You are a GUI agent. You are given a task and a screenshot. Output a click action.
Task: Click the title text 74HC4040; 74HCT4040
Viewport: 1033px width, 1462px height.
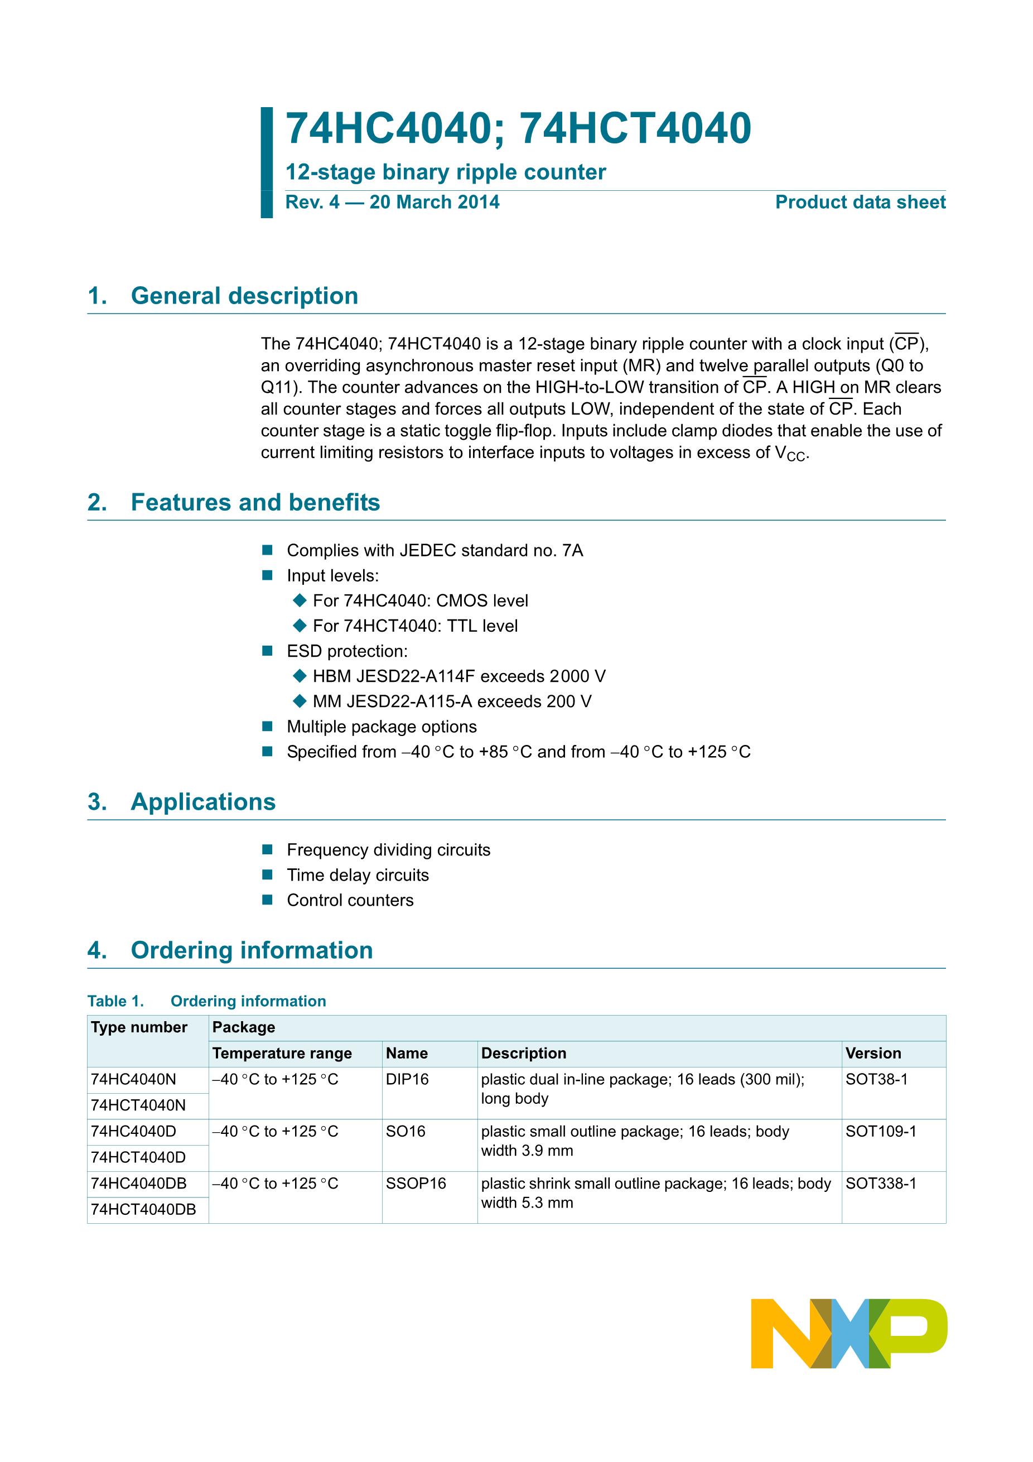pos(518,129)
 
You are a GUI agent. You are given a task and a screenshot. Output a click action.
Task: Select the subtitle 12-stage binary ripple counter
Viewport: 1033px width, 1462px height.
pos(446,172)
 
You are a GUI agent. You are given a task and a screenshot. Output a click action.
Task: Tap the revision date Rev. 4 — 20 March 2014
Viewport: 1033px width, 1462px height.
pos(392,203)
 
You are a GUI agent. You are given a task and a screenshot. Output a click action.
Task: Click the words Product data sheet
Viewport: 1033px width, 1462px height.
pos(860,203)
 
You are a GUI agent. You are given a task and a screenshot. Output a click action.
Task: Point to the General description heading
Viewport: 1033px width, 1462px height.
pos(244,296)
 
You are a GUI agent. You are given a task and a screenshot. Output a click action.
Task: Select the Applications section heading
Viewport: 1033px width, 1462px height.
pos(202,802)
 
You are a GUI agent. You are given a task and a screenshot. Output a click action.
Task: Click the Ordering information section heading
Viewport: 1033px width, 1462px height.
pos(252,950)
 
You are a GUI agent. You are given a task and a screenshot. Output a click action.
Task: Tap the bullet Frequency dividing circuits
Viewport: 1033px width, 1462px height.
pos(388,850)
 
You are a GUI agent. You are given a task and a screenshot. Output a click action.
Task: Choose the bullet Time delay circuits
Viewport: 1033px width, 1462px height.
pos(358,875)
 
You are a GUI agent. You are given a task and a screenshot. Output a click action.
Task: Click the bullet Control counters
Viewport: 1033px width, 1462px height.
pos(350,901)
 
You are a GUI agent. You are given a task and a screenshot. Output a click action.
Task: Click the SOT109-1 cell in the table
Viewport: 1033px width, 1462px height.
pos(881,1132)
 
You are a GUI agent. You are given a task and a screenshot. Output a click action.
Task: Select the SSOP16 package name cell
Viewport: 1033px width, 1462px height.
pos(416,1184)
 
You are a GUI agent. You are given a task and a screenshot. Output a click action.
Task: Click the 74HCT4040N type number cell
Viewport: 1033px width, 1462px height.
pos(138,1105)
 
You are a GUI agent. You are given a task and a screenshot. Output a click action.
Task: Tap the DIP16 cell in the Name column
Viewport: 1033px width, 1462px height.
pos(407,1079)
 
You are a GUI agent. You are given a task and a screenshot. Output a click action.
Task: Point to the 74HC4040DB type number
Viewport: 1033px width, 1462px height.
pos(139,1184)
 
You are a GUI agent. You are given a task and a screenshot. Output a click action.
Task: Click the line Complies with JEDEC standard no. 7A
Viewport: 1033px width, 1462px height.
pos(435,551)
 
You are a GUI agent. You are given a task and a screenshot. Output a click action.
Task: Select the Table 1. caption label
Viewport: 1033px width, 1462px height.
pos(116,1001)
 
